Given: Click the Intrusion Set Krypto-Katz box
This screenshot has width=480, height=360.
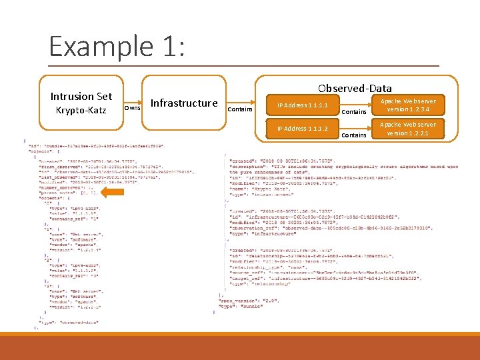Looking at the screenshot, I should coord(81,103).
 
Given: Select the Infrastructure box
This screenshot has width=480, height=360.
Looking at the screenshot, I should coord(184,103).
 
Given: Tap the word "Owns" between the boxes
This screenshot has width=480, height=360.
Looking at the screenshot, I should coord(133,107).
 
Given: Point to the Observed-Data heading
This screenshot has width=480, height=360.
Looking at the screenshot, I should coord(355,88).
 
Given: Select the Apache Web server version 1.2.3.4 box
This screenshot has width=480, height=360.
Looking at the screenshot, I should coord(407,105).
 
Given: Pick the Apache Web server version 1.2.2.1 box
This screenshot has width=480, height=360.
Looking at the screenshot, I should coord(407,129).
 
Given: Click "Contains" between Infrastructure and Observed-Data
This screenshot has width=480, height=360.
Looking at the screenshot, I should coord(240,109).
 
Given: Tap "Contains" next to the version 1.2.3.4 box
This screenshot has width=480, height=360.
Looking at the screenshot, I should coord(353,112).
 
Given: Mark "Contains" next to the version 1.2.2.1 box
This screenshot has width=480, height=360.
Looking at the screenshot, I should coord(353,135).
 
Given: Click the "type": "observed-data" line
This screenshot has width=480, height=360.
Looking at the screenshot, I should coord(67,323).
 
